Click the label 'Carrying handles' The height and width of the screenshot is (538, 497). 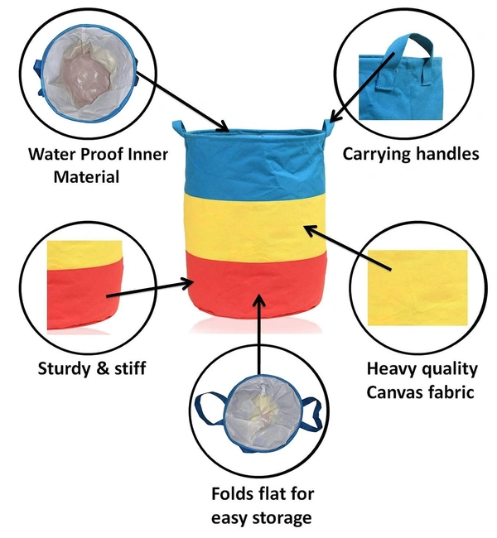coord(410,153)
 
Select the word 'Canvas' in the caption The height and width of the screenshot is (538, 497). coord(396,391)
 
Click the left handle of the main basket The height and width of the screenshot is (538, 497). coord(179,131)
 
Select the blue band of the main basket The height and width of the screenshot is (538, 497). coord(253,162)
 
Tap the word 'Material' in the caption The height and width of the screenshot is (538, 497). coord(86,176)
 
